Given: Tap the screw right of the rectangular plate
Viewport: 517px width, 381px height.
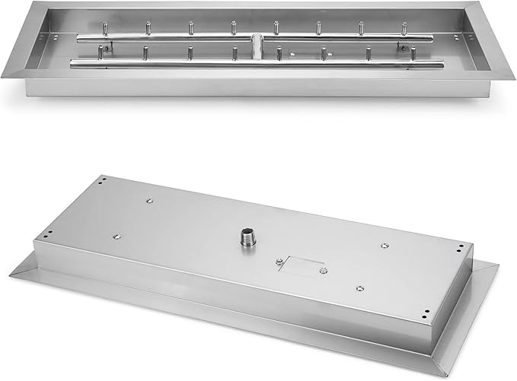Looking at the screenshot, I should click(x=324, y=270).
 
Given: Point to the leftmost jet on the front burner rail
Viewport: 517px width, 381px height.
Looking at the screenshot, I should click(x=99, y=53).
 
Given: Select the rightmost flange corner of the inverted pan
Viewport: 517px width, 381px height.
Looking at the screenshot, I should click(x=499, y=266).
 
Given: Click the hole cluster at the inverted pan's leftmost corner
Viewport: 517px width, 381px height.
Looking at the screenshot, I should click(x=47, y=233).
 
